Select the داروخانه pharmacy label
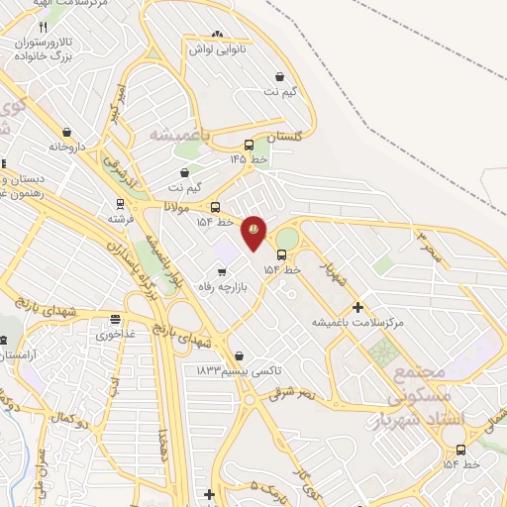click(x=67, y=147)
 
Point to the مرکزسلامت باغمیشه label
click(x=358, y=322)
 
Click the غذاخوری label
click(x=117, y=334)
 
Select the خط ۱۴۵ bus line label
click(x=249, y=158)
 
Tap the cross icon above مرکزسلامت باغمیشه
click(x=358, y=307)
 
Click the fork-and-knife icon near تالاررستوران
click(x=43, y=27)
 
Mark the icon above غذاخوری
click(x=117, y=319)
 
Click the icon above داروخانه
click(x=66, y=132)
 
